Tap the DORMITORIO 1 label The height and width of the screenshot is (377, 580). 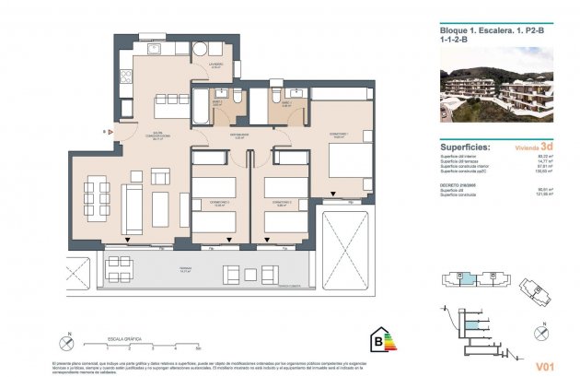click(x=338, y=135)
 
